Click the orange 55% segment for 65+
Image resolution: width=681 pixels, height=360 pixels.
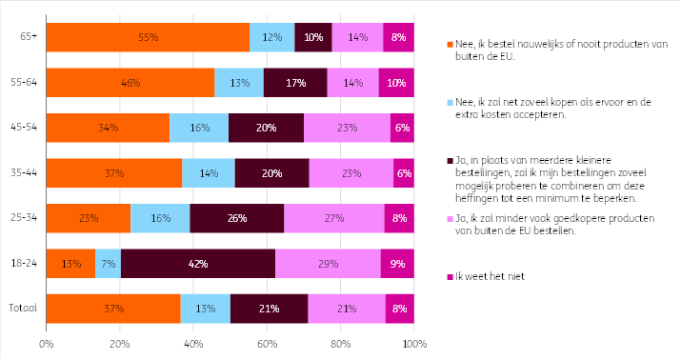click(148, 37)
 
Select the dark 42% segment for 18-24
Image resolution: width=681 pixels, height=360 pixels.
click(198, 264)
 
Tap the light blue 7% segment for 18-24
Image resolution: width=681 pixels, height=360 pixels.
click(109, 264)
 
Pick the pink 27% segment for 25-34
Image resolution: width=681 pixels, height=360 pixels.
click(334, 218)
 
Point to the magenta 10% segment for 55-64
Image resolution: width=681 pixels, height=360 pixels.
click(396, 83)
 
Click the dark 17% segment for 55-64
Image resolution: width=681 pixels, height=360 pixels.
click(295, 83)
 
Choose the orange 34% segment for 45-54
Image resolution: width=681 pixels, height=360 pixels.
click(109, 128)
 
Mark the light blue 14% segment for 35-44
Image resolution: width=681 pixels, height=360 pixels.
click(209, 173)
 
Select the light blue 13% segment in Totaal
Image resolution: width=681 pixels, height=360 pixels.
click(206, 309)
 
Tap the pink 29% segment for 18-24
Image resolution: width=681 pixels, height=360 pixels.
click(328, 264)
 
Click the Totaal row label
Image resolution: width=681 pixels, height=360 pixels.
click(23, 309)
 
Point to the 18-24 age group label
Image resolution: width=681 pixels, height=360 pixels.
click(24, 263)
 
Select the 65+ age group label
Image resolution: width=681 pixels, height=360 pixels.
click(29, 36)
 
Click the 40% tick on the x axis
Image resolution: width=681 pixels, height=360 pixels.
click(193, 345)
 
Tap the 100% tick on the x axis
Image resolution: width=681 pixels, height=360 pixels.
click(414, 345)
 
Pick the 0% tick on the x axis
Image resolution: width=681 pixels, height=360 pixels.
click(46, 345)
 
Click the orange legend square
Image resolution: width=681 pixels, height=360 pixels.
click(450, 45)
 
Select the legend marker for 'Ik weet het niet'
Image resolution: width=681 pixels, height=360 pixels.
click(450, 276)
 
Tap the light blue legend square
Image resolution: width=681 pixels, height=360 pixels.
click(450, 103)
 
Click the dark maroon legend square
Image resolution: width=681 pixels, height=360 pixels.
click(450, 161)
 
